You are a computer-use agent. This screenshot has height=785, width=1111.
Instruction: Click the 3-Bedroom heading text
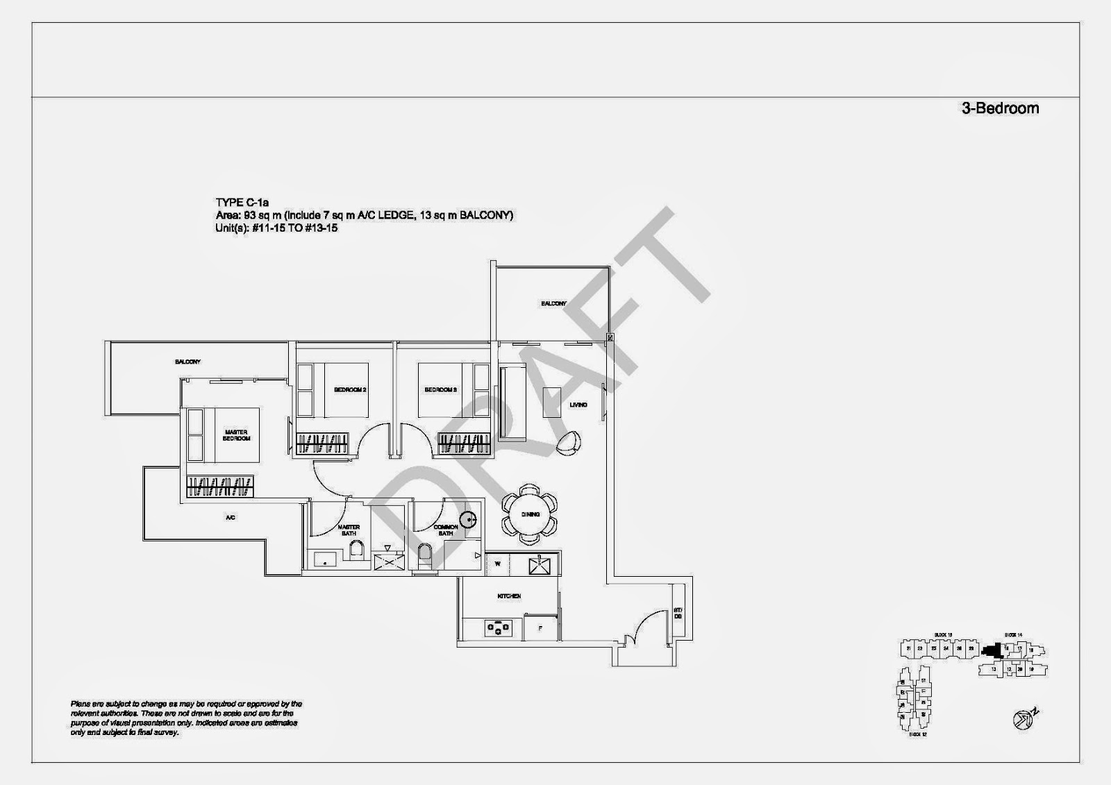[1000, 108]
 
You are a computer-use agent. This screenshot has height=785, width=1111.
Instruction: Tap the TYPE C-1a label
[242, 203]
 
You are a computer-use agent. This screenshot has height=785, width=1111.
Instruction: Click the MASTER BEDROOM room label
[237, 435]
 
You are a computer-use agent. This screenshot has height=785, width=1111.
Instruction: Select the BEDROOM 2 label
[350, 390]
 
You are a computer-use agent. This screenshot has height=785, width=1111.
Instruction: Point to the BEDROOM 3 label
[441, 390]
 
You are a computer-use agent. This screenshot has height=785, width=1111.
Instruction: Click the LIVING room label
[578, 405]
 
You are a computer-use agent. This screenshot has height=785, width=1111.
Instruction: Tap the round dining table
[530, 514]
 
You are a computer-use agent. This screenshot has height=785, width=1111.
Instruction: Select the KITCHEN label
[509, 596]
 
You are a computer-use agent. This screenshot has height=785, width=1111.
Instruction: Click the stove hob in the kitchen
[498, 629]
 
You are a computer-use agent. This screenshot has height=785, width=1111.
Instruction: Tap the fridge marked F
[541, 628]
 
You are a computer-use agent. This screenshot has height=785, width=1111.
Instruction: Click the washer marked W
[498, 564]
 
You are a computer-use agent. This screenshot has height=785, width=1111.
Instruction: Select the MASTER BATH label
[349, 530]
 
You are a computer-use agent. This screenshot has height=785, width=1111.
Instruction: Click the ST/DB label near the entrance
[678, 614]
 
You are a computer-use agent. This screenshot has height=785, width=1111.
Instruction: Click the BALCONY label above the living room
[553, 303]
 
